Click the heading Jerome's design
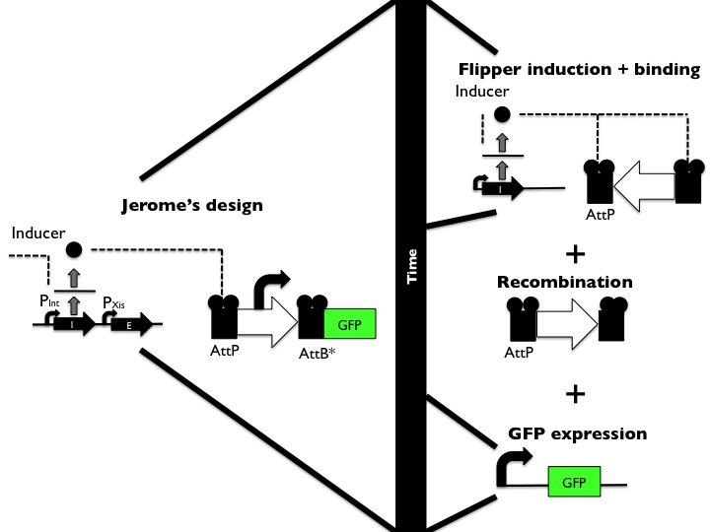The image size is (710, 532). [193, 206]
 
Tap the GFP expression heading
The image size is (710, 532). [577, 433]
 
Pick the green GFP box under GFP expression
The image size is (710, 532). [572, 485]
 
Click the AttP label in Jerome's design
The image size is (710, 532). [225, 352]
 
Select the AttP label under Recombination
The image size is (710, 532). [520, 352]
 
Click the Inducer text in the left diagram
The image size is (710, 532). [36, 233]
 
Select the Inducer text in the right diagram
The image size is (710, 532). [480, 92]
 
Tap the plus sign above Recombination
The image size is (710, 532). [574, 253]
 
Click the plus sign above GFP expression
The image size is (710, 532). [574, 394]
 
